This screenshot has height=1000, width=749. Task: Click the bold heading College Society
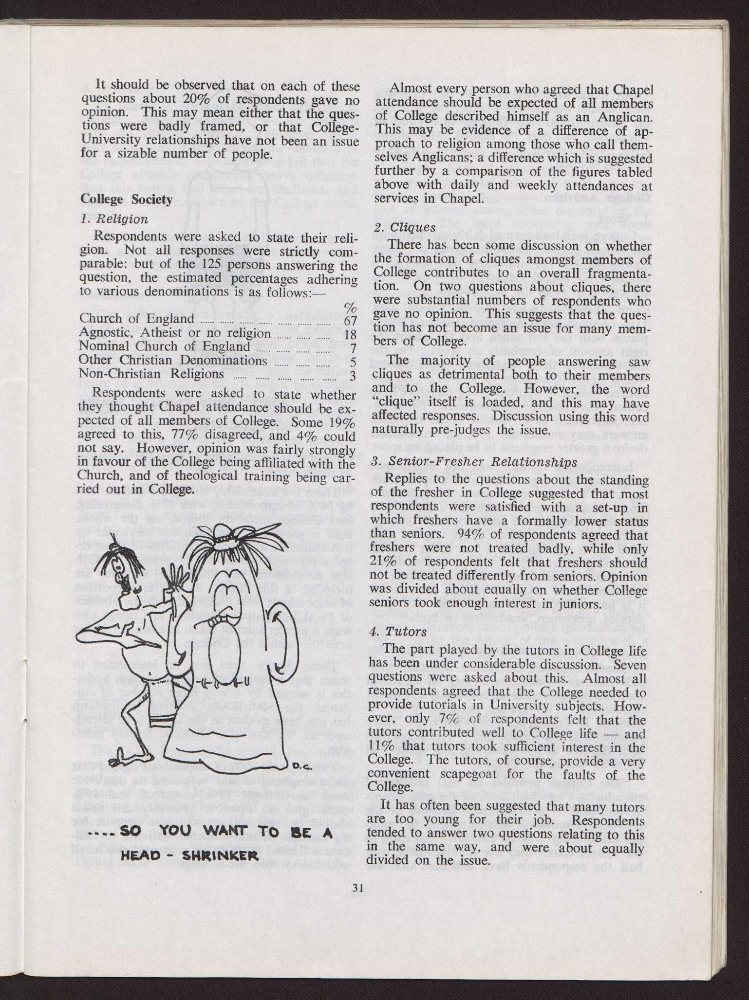tap(126, 200)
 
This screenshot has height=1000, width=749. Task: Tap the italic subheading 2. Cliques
tap(405, 227)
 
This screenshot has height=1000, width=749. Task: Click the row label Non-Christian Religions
tap(151, 374)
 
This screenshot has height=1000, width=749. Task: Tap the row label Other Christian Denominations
tap(173, 360)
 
